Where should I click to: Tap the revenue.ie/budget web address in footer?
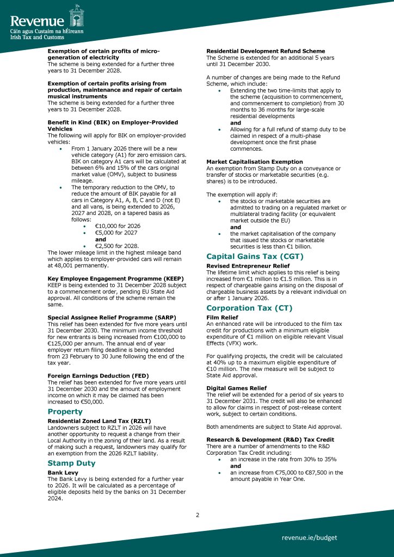309,537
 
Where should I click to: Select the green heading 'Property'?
65,411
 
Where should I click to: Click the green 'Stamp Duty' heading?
71,463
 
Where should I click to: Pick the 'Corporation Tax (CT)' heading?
249,307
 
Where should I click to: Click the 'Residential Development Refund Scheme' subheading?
266,51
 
